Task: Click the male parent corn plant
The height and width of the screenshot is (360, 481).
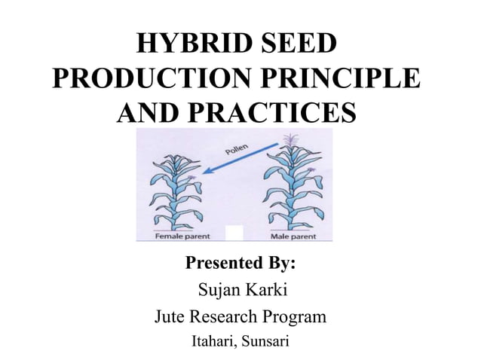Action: (x=290, y=188)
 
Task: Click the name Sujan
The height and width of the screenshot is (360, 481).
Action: (x=217, y=290)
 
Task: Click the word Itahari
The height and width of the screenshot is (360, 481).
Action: (x=213, y=342)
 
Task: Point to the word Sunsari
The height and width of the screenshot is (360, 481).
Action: (x=265, y=342)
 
